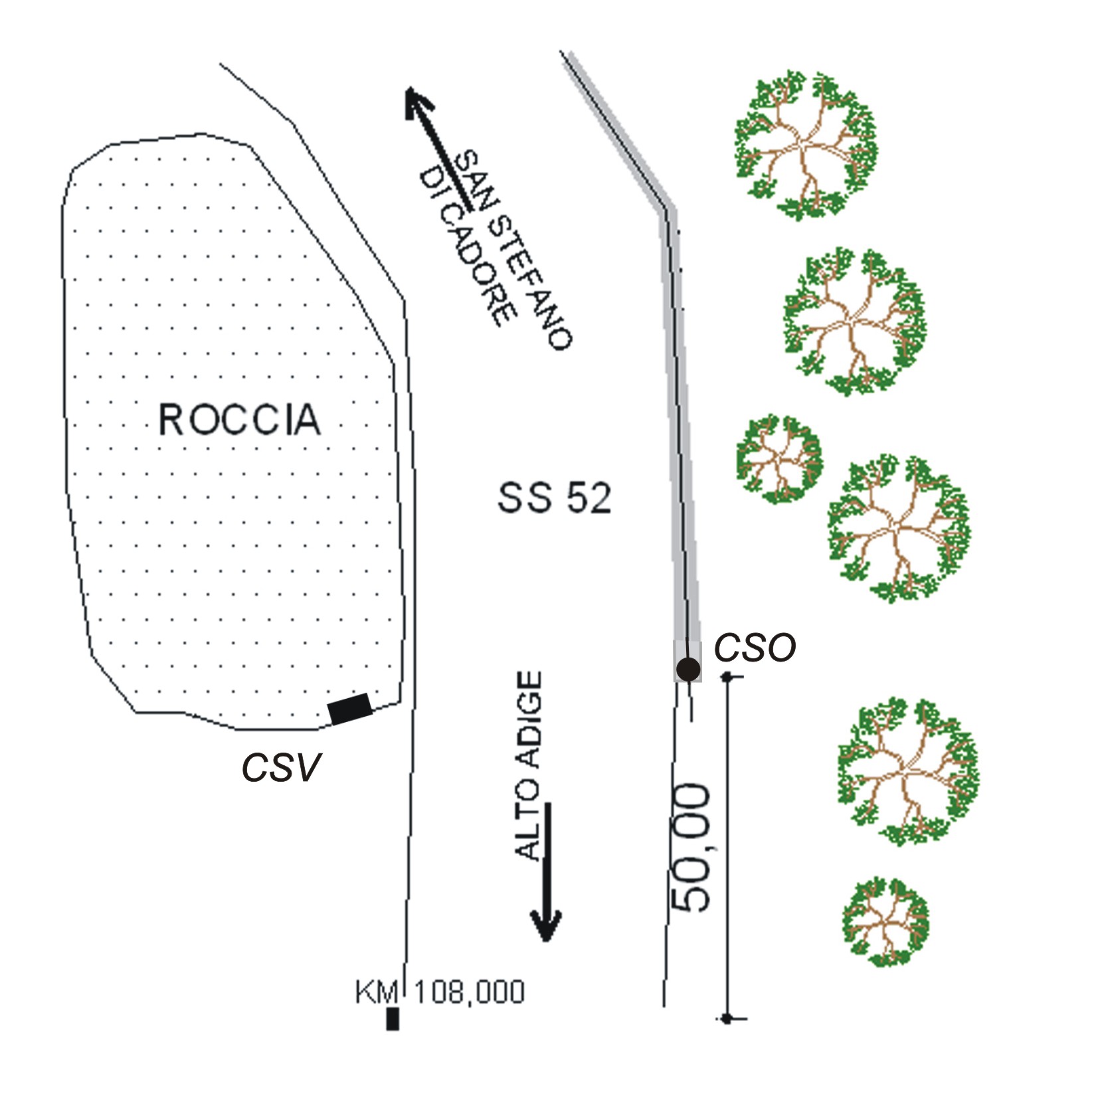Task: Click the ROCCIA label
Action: [x=239, y=419]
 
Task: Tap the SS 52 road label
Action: [x=554, y=498]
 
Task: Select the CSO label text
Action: [x=755, y=648]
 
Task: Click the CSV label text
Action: [x=280, y=767]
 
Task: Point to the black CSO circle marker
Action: [x=687, y=668]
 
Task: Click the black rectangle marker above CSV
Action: [x=350, y=709]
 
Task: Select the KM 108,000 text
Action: [x=440, y=992]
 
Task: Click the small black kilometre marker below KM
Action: [x=393, y=1019]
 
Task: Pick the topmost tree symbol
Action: [x=805, y=145]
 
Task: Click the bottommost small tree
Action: [x=885, y=922]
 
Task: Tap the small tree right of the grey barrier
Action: [x=780, y=459]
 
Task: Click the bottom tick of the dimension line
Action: [x=727, y=1018]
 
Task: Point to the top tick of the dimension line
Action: [x=727, y=677]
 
